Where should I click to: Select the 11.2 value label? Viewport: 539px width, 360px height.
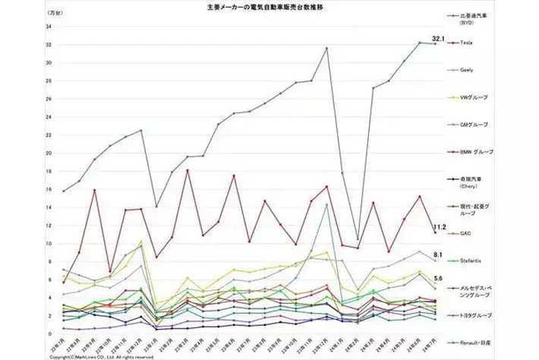point(439,226)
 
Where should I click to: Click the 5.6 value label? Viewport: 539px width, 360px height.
point(438,279)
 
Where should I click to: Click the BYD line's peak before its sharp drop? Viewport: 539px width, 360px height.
point(326,49)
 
